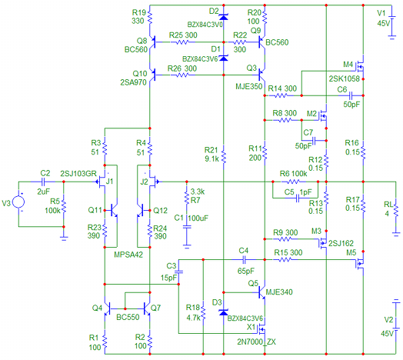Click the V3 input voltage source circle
(18, 202)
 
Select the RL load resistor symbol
(396, 210)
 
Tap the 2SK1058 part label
(344, 78)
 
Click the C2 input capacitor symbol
(43, 182)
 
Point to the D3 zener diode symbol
(223, 312)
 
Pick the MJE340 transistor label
(279, 292)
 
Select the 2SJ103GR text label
(78, 174)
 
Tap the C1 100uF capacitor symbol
(187, 227)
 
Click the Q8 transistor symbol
(153, 42)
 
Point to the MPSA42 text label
(128, 255)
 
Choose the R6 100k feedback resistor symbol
(293, 182)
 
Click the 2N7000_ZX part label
(256, 342)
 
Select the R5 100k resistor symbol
(64, 207)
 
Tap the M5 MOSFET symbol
(360, 263)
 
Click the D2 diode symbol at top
(223, 17)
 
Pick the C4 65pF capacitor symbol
(244, 260)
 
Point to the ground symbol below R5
(64, 238)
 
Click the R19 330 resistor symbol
(150, 17)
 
